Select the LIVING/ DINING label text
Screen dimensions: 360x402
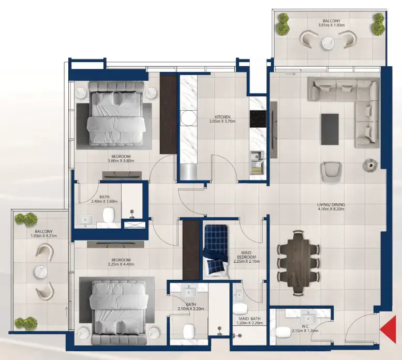[331, 205]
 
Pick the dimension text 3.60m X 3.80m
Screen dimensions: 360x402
[120, 161]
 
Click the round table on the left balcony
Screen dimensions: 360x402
[40, 271]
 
